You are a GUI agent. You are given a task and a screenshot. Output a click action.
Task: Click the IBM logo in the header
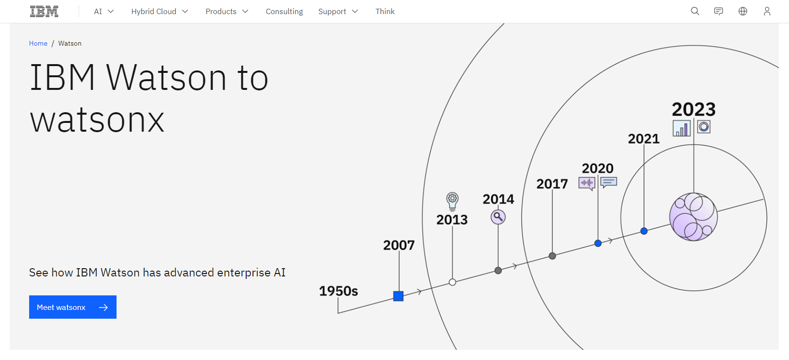(x=44, y=12)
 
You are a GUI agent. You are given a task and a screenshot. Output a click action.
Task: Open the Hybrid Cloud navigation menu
(x=159, y=12)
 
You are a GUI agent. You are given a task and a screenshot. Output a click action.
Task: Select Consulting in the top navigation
(x=284, y=12)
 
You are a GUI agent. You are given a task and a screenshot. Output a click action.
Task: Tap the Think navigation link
(x=385, y=12)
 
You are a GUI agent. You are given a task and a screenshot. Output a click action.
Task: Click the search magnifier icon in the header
(x=695, y=11)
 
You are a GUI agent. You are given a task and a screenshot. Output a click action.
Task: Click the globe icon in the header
(x=743, y=11)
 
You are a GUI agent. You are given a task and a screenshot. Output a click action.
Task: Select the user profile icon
(x=767, y=11)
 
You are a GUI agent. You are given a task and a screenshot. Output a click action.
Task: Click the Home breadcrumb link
(x=38, y=43)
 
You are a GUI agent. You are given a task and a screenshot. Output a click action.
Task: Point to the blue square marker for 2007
(x=398, y=296)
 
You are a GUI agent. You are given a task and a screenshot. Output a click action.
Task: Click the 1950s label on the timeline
(x=338, y=291)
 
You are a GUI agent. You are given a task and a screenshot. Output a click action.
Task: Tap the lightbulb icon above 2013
(x=453, y=200)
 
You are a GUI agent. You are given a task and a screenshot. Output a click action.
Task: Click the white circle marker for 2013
(x=453, y=282)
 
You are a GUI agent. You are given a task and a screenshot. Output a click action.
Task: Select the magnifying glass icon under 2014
(x=498, y=217)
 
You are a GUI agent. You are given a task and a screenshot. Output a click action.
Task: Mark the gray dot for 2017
(x=552, y=256)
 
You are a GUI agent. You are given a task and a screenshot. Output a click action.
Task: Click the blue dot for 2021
(x=644, y=231)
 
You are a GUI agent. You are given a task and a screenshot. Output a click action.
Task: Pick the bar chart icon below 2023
(x=682, y=128)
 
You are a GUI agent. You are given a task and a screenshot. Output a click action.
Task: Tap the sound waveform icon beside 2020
(x=587, y=183)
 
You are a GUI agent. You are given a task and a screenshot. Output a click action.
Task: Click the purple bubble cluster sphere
(x=693, y=217)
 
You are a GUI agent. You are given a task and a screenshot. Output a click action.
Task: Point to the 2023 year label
(x=693, y=109)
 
